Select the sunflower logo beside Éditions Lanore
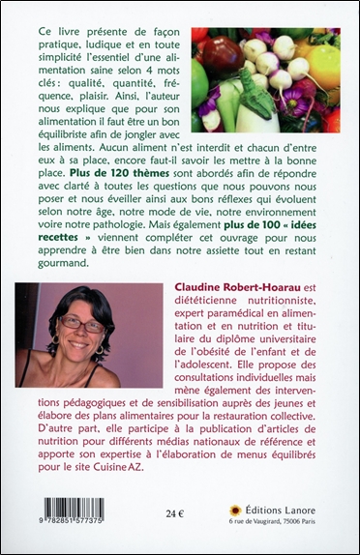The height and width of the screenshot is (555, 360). (x=233, y=510)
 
